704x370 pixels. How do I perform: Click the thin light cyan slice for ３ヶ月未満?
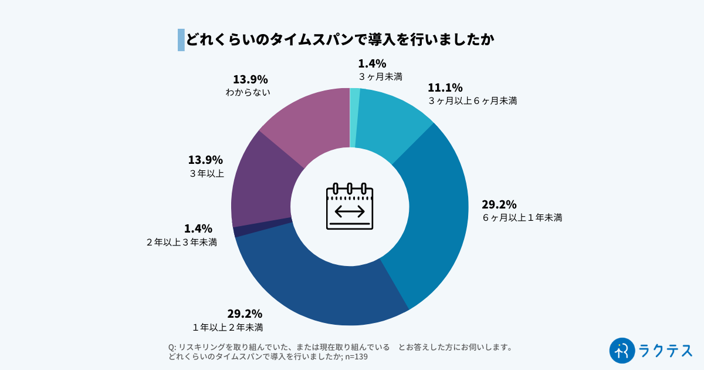point(354,117)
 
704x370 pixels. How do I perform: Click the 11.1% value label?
point(445,88)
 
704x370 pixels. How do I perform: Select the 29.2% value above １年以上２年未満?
point(245,314)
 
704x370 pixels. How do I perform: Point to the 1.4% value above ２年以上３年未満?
point(198,228)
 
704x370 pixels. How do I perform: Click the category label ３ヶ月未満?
point(380,76)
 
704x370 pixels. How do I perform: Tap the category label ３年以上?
point(206,173)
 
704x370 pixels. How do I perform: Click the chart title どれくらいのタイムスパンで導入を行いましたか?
point(340,39)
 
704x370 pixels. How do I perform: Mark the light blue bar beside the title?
point(181,39)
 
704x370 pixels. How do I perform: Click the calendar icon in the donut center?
point(350,206)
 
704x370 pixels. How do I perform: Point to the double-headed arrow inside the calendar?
point(350,211)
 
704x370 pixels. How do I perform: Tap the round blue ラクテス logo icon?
point(622,350)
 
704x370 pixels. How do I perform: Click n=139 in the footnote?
point(356,356)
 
